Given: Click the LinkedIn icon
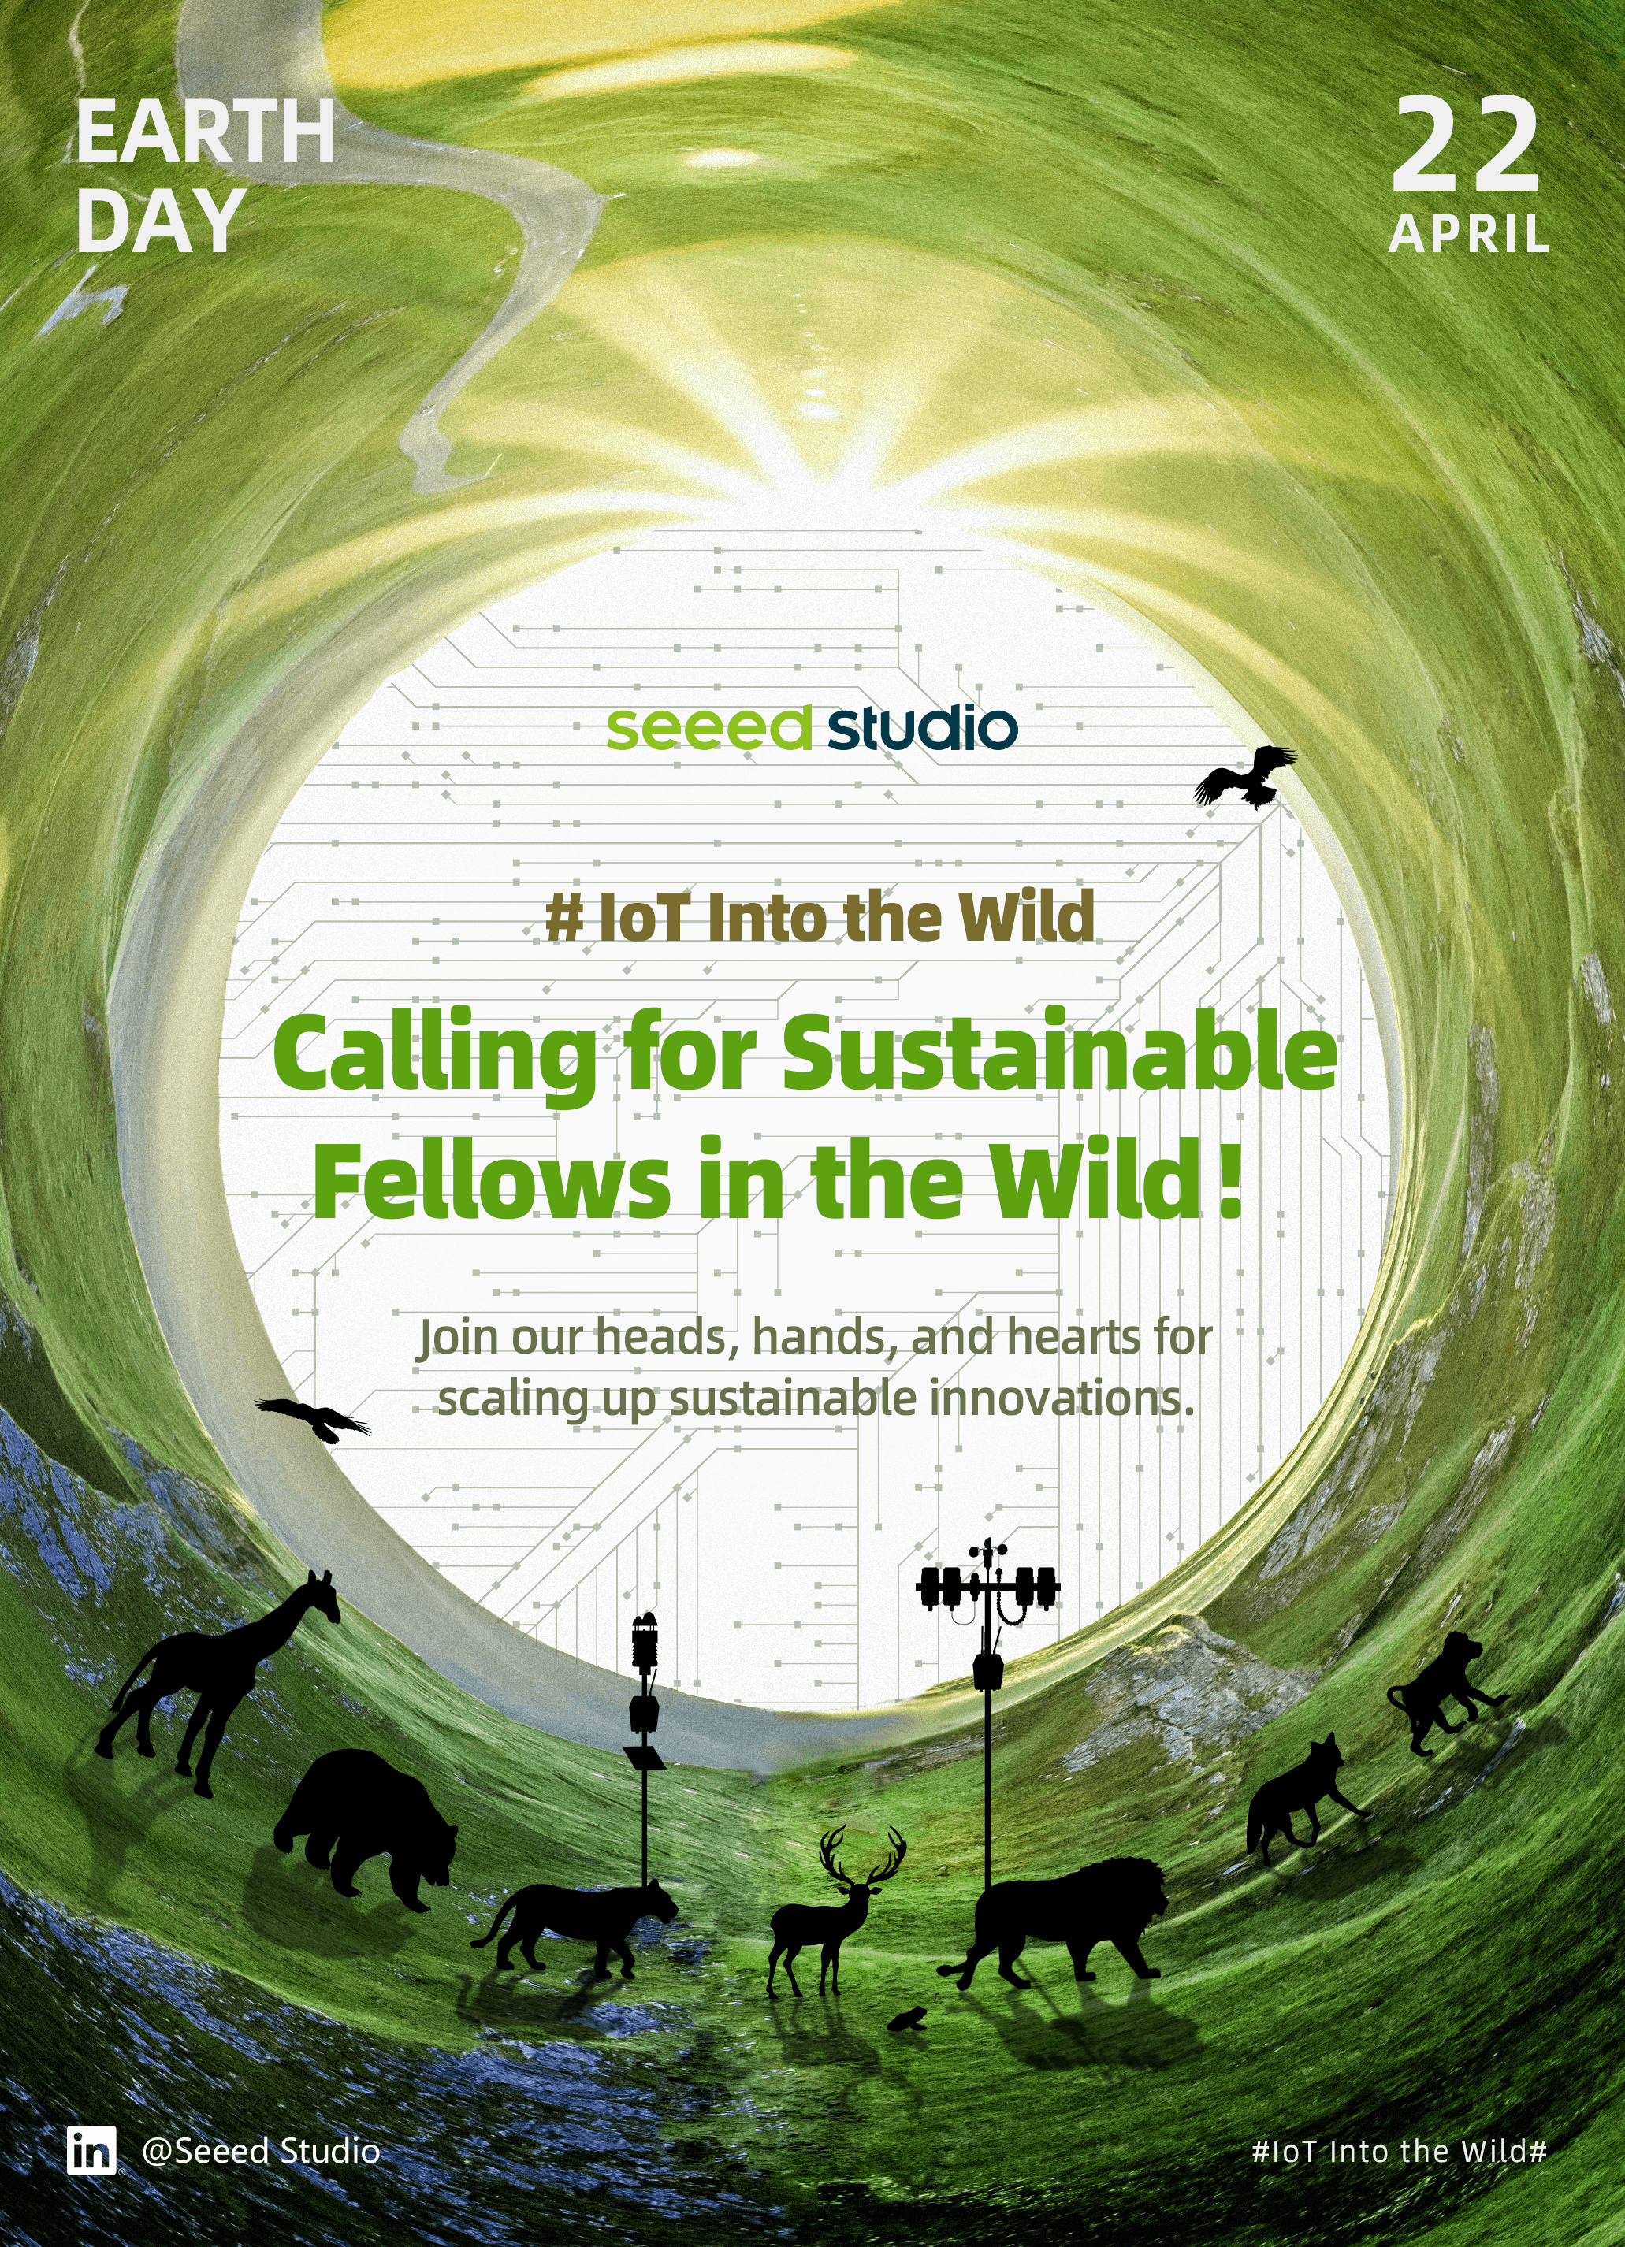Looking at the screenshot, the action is pos(92,2150).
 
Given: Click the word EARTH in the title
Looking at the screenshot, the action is pos(205,133).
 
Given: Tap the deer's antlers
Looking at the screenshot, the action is pos(863,1854).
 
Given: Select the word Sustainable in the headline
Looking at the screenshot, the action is pos(1060,1051).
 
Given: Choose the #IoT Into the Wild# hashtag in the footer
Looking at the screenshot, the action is pos(1399,2151).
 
